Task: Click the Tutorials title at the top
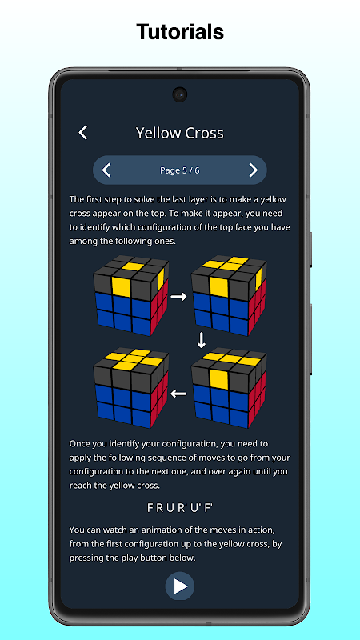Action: pyautogui.click(x=180, y=32)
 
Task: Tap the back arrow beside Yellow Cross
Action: pyautogui.click(x=83, y=133)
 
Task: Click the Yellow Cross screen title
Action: pyautogui.click(x=179, y=133)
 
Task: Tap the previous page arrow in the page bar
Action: pyautogui.click(x=106, y=170)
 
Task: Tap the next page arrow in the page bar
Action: pyautogui.click(x=254, y=170)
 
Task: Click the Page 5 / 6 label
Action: pyautogui.click(x=179, y=170)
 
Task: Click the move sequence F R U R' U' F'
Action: pyautogui.click(x=180, y=508)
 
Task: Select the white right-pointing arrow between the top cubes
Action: pyautogui.click(x=178, y=297)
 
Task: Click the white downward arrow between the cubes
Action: pyautogui.click(x=202, y=341)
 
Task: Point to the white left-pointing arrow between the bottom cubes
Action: pyautogui.click(x=178, y=394)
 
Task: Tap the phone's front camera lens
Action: pyautogui.click(x=179, y=94)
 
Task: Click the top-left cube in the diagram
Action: pyautogui.click(x=131, y=296)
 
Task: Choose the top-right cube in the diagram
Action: pyautogui.click(x=229, y=296)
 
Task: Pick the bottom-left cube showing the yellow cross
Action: pyautogui.click(x=131, y=388)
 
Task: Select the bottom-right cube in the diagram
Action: pyautogui.click(x=229, y=388)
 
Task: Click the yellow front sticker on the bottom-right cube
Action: pyautogui.click(x=219, y=378)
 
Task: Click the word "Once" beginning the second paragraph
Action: pyautogui.click(x=78, y=443)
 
